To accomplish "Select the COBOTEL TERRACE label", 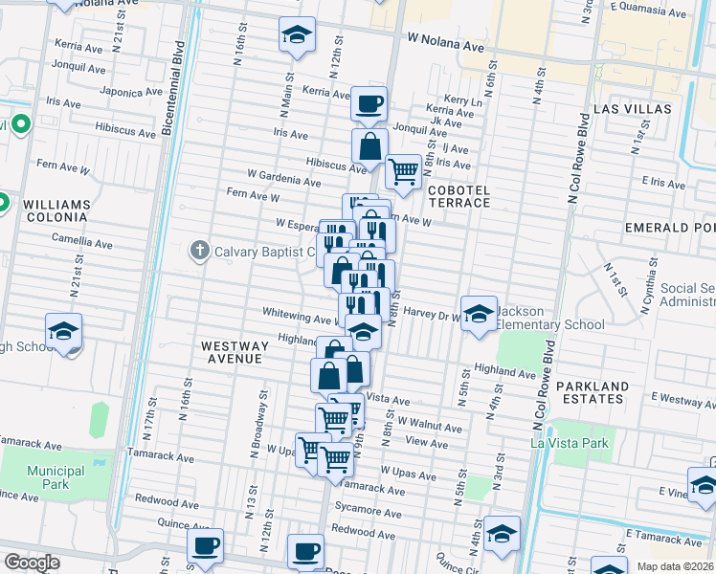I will click(x=459, y=198).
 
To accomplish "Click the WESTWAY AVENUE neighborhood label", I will click(x=231, y=351).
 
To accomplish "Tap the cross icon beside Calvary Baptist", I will click(x=199, y=252).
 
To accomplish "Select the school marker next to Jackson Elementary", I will click(x=479, y=313).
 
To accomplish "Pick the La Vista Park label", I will click(x=569, y=443).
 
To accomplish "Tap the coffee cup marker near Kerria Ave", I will click(x=369, y=104).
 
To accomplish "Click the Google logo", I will click(x=32, y=563).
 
